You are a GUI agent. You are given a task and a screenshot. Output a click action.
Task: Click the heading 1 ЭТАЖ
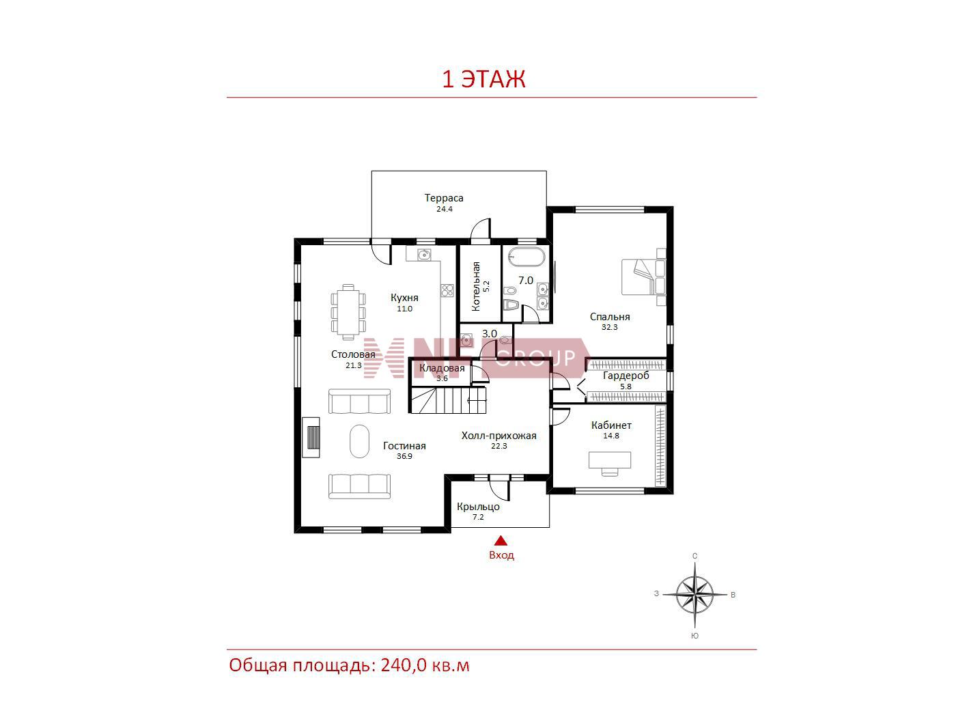483,79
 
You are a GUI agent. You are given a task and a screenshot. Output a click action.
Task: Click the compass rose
694,595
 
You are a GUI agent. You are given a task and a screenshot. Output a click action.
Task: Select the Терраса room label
444,198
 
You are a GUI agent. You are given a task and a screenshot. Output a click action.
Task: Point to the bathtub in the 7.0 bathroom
526,257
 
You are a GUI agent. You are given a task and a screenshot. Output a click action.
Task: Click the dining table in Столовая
348,311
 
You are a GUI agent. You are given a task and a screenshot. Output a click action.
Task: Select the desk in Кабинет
609,463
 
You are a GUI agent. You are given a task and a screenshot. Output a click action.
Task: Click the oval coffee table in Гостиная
359,441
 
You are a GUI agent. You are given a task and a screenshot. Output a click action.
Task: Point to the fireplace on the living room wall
311,437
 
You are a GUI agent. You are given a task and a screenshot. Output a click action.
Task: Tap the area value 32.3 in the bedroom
609,327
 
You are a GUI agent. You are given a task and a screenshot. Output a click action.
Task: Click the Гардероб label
625,376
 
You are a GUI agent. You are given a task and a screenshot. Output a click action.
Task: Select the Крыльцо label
478,507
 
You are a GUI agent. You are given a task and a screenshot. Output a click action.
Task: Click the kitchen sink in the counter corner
424,254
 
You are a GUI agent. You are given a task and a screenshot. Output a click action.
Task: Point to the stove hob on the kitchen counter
447,290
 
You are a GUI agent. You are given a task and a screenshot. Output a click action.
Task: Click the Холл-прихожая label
498,436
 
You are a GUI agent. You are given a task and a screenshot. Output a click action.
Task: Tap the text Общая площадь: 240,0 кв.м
350,665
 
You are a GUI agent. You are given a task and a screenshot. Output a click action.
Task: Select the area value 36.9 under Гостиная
404,456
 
